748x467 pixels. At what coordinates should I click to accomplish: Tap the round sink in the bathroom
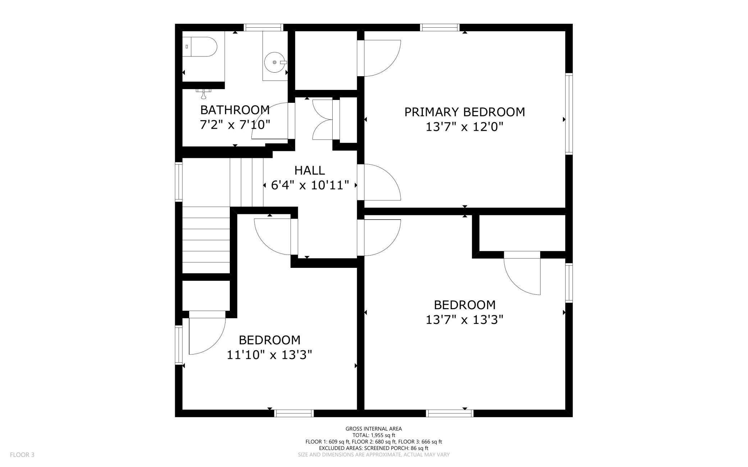pyautogui.click(x=275, y=62)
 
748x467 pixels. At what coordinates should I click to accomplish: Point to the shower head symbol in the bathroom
pyautogui.click(x=204, y=93)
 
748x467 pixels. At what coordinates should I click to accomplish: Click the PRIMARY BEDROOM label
pyautogui.click(x=465, y=112)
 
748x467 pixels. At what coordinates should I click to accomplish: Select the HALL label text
pyautogui.click(x=310, y=170)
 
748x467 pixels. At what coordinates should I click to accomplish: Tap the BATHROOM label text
pyautogui.click(x=235, y=109)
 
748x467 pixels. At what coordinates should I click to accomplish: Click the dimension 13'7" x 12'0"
pyautogui.click(x=465, y=127)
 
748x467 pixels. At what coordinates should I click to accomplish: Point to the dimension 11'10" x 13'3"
pyautogui.click(x=269, y=355)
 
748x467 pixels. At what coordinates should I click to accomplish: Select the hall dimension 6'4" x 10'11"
pyautogui.click(x=310, y=185)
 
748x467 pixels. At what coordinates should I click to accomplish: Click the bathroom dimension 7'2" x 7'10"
pyautogui.click(x=235, y=125)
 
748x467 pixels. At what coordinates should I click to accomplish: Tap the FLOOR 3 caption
pyautogui.click(x=22, y=455)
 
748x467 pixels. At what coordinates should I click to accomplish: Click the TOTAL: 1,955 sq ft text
pyautogui.click(x=374, y=435)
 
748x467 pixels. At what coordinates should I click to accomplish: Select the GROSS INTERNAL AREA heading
pyautogui.click(x=374, y=429)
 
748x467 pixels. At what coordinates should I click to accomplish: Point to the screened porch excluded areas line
pyautogui.click(x=374, y=448)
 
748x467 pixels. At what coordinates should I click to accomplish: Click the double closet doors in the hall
pyautogui.click(x=323, y=119)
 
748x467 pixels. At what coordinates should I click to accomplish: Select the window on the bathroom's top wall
pyautogui.click(x=264, y=27)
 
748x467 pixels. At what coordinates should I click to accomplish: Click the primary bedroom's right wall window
pyautogui.click(x=569, y=114)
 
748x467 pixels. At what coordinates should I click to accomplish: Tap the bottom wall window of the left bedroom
pyautogui.click(x=294, y=413)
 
